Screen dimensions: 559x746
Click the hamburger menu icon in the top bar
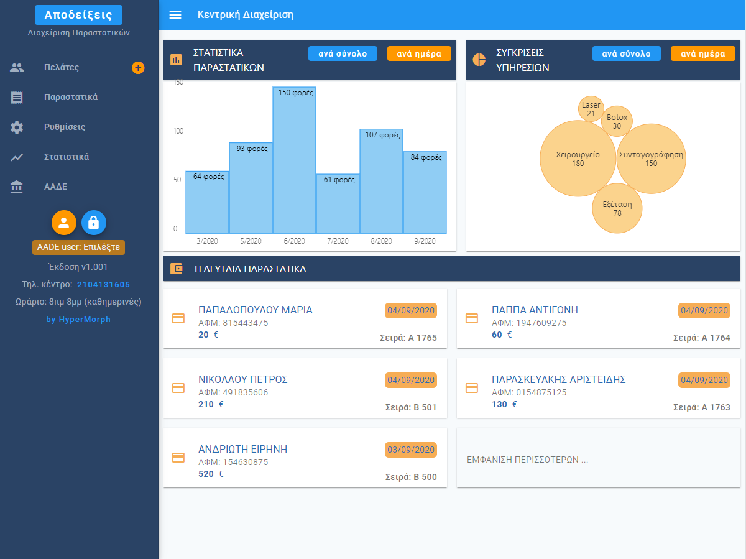[175, 15]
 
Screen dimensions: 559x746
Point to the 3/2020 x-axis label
[207, 241]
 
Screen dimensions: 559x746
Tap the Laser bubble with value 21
[591, 109]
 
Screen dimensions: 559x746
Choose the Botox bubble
[617, 121]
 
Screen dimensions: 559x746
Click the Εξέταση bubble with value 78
[617, 208]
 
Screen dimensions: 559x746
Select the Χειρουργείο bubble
[578, 159]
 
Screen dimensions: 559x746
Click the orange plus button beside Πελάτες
[138, 68]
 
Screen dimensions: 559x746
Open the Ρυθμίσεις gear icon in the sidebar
[17, 127]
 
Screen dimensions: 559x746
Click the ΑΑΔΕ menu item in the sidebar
[55, 187]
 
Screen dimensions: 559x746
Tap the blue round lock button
[94, 222]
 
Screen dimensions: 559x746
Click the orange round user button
[64, 222]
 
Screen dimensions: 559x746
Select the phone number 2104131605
[103, 284]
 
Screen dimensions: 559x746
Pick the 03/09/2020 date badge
[411, 450]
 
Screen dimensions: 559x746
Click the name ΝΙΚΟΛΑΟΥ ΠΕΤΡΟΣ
[243, 380]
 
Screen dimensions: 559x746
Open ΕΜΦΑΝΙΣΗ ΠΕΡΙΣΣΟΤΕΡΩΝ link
[527, 460]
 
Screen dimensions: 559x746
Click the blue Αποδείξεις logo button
[78, 15]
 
